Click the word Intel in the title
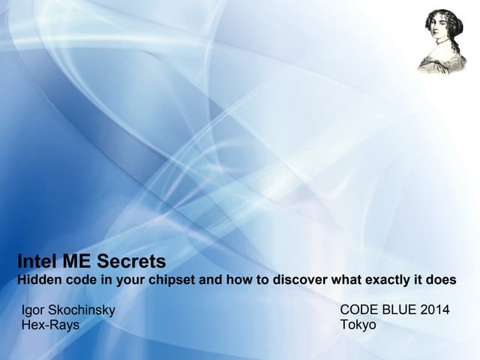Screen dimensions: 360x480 (x=37, y=262)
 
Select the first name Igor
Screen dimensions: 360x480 (x=34, y=310)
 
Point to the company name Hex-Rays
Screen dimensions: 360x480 (x=51, y=325)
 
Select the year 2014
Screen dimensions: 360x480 (x=436, y=310)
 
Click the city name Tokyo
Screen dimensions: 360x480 (x=358, y=325)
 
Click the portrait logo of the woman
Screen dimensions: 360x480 (x=442, y=41)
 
